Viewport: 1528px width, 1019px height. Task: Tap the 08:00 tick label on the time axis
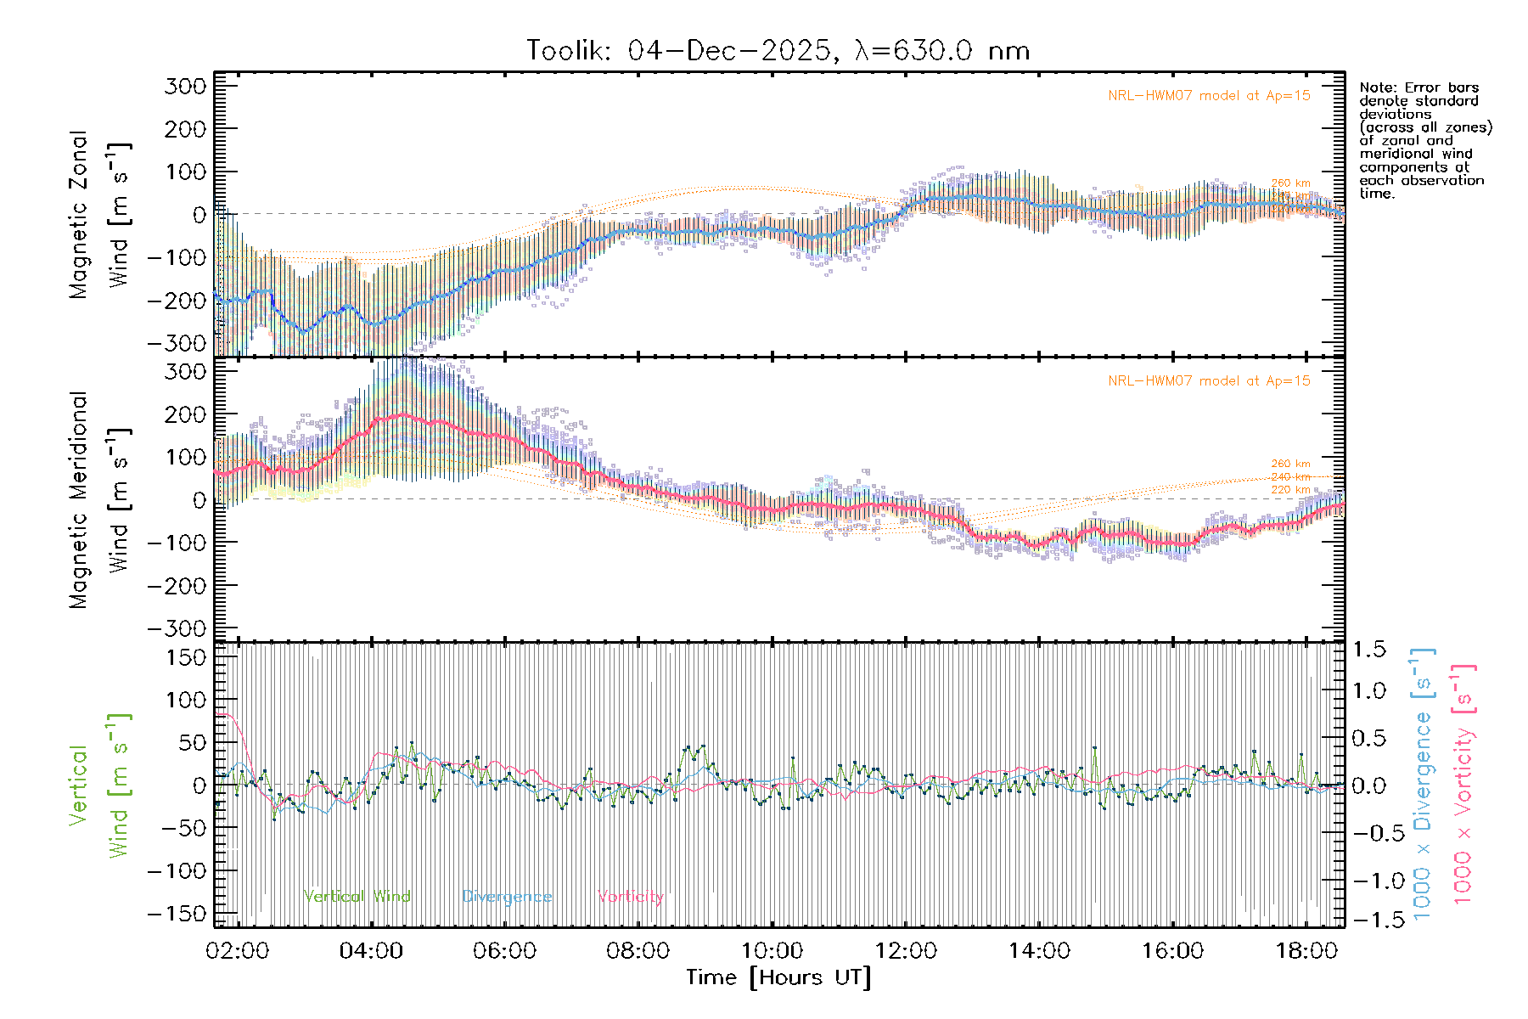tap(638, 951)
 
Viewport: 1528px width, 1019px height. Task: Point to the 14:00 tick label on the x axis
tap(1039, 951)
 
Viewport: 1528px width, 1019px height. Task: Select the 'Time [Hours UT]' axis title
tap(778, 977)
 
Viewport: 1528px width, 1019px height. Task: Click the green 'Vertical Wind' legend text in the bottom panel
tap(357, 897)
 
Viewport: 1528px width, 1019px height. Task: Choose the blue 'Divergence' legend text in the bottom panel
tap(507, 897)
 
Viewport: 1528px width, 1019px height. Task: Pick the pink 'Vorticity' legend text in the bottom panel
tap(630, 897)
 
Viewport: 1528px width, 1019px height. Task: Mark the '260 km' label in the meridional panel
tap(1290, 464)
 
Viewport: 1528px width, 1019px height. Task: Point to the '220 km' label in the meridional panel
tap(1290, 490)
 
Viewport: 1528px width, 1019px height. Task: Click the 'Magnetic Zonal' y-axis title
tap(79, 215)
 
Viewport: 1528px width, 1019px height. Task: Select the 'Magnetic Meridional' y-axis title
tap(79, 500)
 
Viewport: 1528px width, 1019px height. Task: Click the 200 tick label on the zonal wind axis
tap(186, 129)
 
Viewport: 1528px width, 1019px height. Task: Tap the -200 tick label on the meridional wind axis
tap(177, 586)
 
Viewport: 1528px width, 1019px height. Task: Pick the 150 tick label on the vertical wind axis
tap(186, 657)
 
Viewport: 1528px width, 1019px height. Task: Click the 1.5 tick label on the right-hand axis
tap(1368, 650)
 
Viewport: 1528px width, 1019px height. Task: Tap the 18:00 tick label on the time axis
tap(1306, 951)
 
